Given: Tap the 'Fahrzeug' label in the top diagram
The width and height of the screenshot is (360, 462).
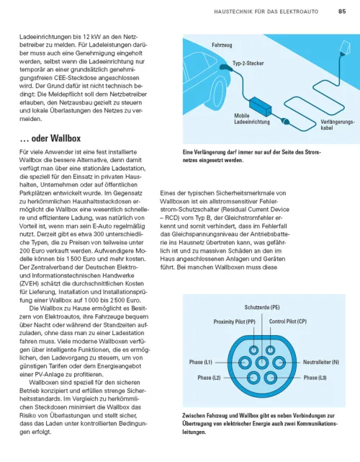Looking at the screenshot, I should coord(222,45).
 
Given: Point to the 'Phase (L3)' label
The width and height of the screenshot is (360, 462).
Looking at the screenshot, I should coord(315,377).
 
